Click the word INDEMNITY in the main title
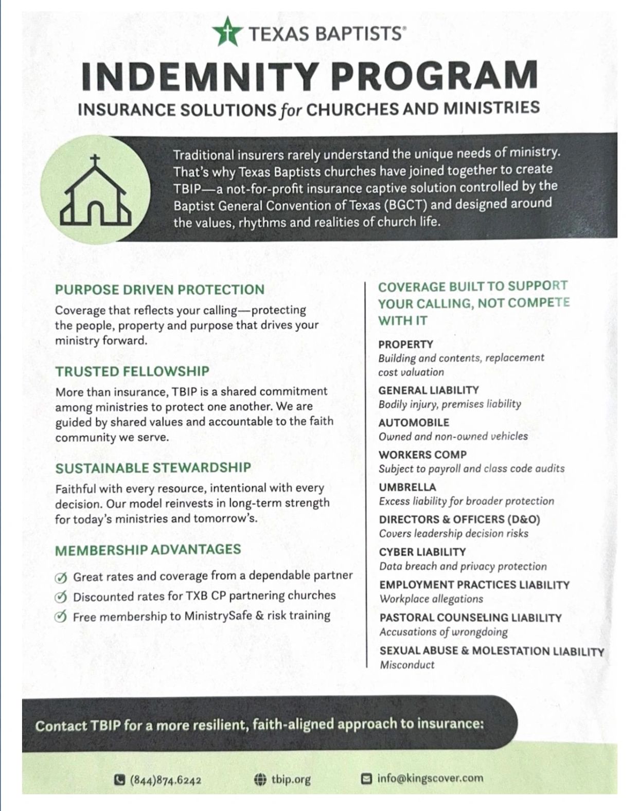pos(198,75)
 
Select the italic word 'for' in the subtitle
pos(291,110)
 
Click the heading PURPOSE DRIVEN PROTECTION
pos(159,290)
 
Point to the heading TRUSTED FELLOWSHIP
pos(132,371)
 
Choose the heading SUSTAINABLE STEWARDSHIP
pos(153,468)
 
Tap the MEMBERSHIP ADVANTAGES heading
pos(148,550)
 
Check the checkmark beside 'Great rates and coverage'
pos(61,578)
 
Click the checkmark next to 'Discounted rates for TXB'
pos(61,597)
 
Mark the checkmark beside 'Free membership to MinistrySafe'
pos(61,617)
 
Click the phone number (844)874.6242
pos(165,780)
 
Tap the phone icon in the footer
pos(119,780)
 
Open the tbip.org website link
pos(291,780)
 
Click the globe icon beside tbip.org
pos(260,780)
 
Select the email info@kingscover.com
pos(430,778)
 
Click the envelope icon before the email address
pos(366,779)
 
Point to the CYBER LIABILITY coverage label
pos(422,552)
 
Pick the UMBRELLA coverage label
pos(407,487)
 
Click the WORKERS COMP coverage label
pos(422,455)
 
